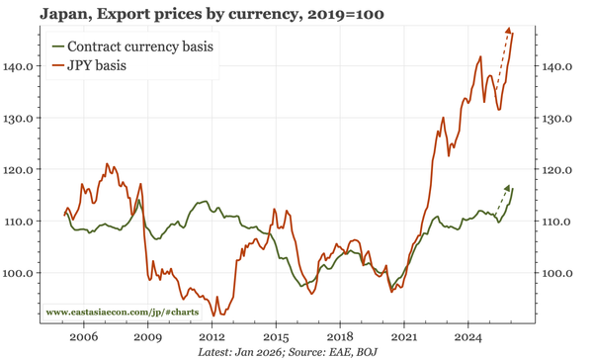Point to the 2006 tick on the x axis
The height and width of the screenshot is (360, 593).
point(83,336)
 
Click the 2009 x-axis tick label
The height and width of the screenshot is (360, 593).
point(147,336)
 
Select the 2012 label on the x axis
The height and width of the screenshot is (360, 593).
point(212,336)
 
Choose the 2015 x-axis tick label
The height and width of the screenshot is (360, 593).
point(276,336)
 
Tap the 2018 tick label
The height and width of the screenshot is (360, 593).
point(340,336)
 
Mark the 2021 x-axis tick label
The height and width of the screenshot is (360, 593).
point(404,336)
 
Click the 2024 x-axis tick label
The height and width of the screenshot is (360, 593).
point(468,336)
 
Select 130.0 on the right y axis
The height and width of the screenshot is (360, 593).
point(557,118)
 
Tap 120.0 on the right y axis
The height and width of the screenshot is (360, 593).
point(557,169)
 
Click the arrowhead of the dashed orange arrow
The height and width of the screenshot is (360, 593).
point(509,32)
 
